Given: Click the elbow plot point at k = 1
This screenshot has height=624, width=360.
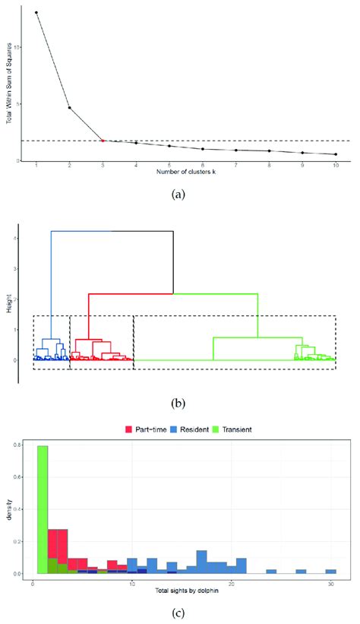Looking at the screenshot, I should (x=36, y=13).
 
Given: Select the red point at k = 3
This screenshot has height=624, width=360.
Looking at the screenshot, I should (x=103, y=140).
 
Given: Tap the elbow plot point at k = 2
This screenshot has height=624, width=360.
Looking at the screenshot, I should (x=69, y=108).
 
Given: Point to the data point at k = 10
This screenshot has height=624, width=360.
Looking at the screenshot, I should (x=336, y=154).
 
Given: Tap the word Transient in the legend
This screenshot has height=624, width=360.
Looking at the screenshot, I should (x=233, y=429).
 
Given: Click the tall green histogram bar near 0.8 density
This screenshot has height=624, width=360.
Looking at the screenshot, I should (x=43, y=509).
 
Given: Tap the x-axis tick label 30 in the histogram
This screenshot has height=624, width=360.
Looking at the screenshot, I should (x=331, y=583).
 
